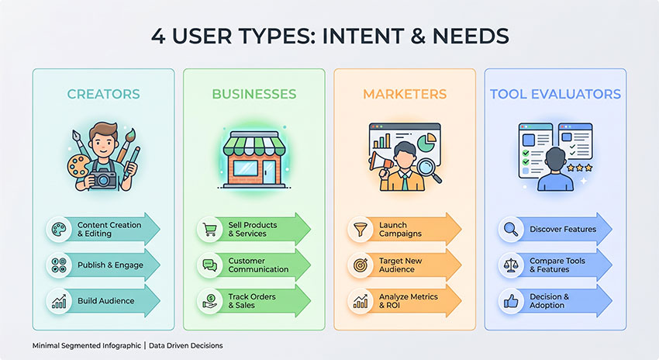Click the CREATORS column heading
[x=103, y=95]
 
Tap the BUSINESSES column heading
[x=254, y=95]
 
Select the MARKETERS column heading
[x=405, y=95]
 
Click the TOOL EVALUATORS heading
[x=555, y=95]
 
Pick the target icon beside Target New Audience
[x=360, y=265]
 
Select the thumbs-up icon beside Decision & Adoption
[x=510, y=300]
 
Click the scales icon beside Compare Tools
[x=510, y=265]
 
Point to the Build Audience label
[x=105, y=300]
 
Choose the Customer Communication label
[x=258, y=265]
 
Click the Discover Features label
[x=562, y=230]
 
